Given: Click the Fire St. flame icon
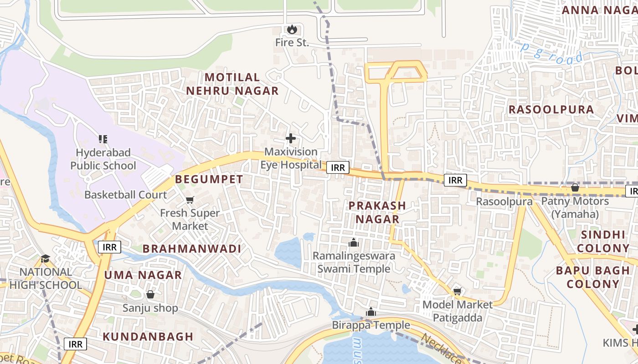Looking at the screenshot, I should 292,30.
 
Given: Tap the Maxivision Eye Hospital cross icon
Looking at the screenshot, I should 291,138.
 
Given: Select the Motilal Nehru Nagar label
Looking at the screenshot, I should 232,84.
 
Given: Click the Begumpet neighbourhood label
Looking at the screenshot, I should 209,180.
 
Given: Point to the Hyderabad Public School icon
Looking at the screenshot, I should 103,139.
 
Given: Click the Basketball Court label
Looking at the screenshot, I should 126,195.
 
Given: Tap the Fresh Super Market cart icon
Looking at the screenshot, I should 190,200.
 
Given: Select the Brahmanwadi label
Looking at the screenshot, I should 191,249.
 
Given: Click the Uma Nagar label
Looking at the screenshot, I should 143,275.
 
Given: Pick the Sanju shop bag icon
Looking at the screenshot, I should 150,294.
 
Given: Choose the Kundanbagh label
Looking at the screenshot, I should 148,337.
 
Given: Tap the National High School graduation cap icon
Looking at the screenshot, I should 45,259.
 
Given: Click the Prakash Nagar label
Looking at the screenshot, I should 377,212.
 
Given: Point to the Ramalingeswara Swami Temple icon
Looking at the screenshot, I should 354,243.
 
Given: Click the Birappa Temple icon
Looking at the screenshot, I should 371,312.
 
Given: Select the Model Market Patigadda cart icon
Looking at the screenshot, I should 457,291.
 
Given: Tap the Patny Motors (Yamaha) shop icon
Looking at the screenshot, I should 575,187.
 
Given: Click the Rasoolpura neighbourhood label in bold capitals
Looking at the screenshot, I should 551,110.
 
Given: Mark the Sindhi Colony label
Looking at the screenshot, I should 603,242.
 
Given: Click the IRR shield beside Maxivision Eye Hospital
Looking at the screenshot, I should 338,167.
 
